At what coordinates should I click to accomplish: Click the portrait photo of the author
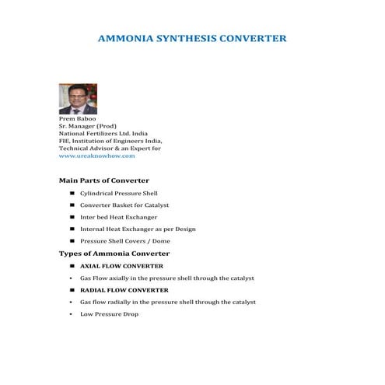(78, 99)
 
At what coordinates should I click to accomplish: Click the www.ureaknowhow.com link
(97, 156)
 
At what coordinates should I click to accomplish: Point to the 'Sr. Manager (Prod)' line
(88, 125)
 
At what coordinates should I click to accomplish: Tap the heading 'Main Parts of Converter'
(104, 180)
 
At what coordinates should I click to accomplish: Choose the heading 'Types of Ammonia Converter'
(114, 254)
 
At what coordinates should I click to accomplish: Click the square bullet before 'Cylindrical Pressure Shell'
(72, 193)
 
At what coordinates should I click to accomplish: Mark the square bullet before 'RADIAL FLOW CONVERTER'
(72, 290)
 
